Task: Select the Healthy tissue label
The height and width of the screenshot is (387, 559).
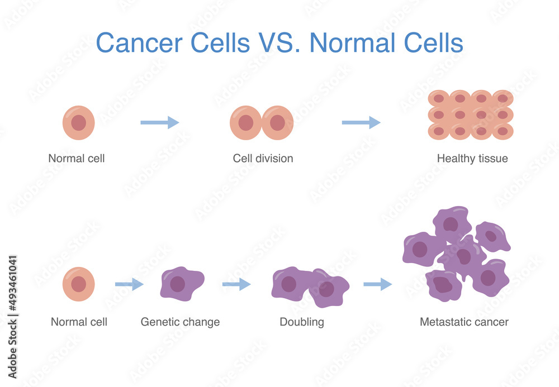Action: pos(472,159)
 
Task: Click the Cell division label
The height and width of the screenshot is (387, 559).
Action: pos(263,159)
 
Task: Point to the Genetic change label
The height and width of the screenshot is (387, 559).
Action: pos(180,322)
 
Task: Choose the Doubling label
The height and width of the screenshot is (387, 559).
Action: pos(302,322)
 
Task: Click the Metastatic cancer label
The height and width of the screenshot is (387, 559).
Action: pos(464,322)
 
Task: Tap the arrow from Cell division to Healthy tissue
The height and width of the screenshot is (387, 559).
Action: pos(361,123)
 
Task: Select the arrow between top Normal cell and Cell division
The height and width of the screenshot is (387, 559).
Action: pos(159,123)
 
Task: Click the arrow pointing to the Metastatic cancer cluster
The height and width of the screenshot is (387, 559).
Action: pos(377,285)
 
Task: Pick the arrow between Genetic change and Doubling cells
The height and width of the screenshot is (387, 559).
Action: pos(236,285)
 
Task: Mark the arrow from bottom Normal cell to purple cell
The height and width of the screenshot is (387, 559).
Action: pos(129,285)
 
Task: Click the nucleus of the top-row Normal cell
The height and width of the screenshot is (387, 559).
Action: pos(79,123)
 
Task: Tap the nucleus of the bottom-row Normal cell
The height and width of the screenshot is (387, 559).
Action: pos(79,284)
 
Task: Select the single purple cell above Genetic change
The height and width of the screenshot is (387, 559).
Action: pos(181,284)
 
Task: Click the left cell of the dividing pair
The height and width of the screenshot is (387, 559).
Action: pos(246,123)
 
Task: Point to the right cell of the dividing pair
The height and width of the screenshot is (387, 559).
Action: pos(278,123)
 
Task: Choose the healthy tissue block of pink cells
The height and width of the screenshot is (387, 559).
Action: pos(471,114)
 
